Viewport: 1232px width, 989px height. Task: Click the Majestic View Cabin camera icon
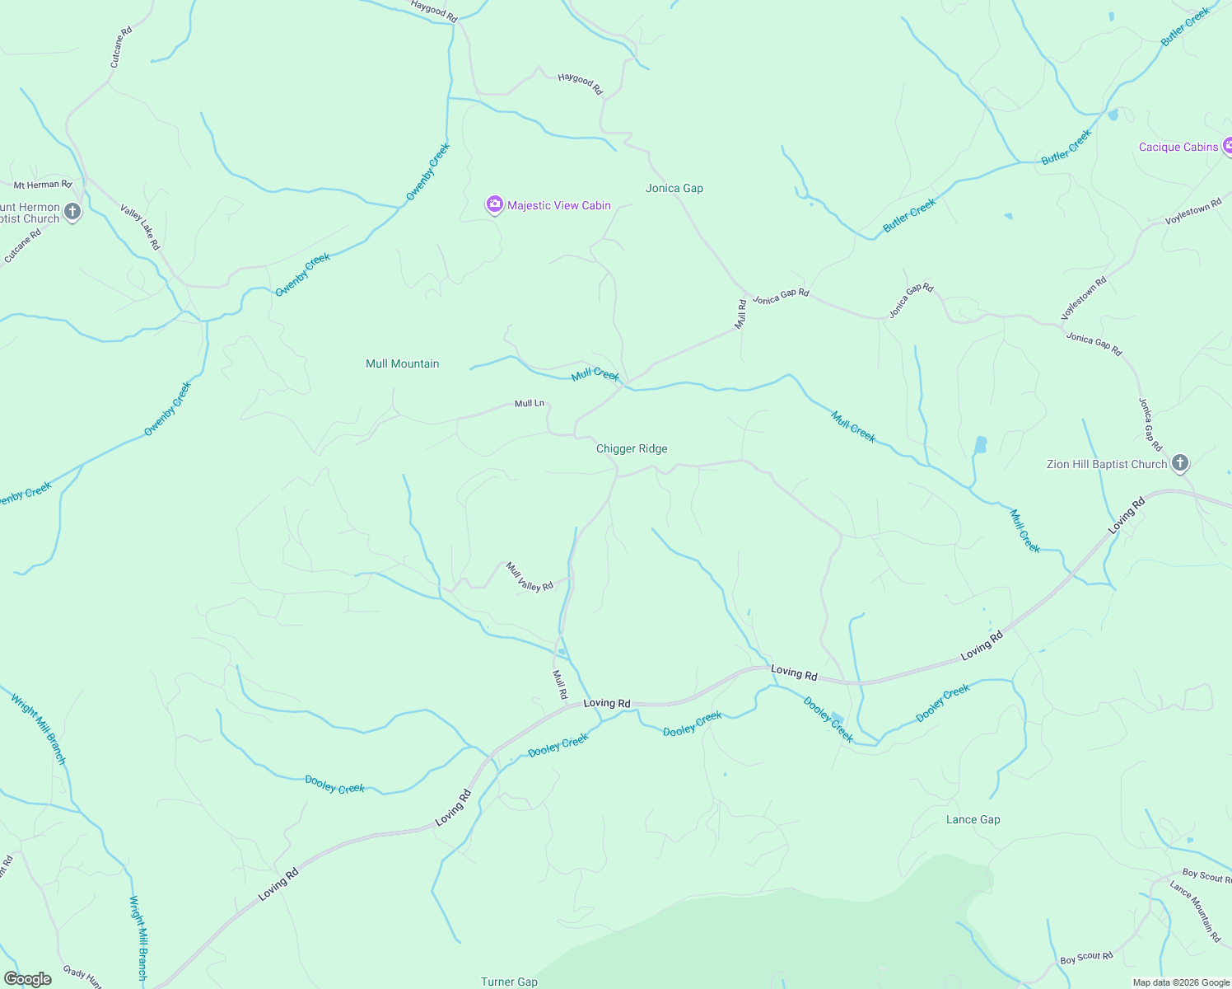pyautogui.click(x=494, y=204)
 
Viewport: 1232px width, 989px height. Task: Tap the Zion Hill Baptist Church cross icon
pyautogui.click(x=1179, y=463)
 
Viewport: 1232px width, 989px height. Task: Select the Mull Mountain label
pyautogui.click(x=402, y=363)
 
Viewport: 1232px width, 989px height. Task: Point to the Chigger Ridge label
pyautogui.click(x=632, y=449)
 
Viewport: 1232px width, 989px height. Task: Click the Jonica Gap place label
pyautogui.click(x=674, y=189)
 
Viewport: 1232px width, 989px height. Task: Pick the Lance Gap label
pyautogui.click(x=973, y=820)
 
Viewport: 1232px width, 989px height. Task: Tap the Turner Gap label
pyautogui.click(x=509, y=982)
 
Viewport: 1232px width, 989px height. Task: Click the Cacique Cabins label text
pyautogui.click(x=1178, y=148)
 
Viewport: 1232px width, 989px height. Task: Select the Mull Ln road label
pyautogui.click(x=529, y=404)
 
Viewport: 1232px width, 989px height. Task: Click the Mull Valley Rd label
pyautogui.click(x=530, y=577)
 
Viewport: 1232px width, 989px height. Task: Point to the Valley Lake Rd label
pyautogui.click(x=140, y=227)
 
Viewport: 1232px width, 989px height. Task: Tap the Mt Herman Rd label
pyautogui.click(x=43, y=185)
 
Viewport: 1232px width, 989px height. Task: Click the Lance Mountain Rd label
pyautogui.click(x=1195, y=911)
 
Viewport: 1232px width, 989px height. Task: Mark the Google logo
pyautogui.click(x=28, y=979)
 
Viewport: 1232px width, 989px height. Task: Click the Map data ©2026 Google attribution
pyautogui.click(x=1181, y=982)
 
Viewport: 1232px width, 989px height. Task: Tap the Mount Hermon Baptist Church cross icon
pyautogui.click(x=72, y=213)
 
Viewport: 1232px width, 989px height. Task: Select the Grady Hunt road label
pyautogui.click(x=82, y=977)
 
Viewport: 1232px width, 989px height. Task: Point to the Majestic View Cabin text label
pyautogui.click(x=559, y=205)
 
